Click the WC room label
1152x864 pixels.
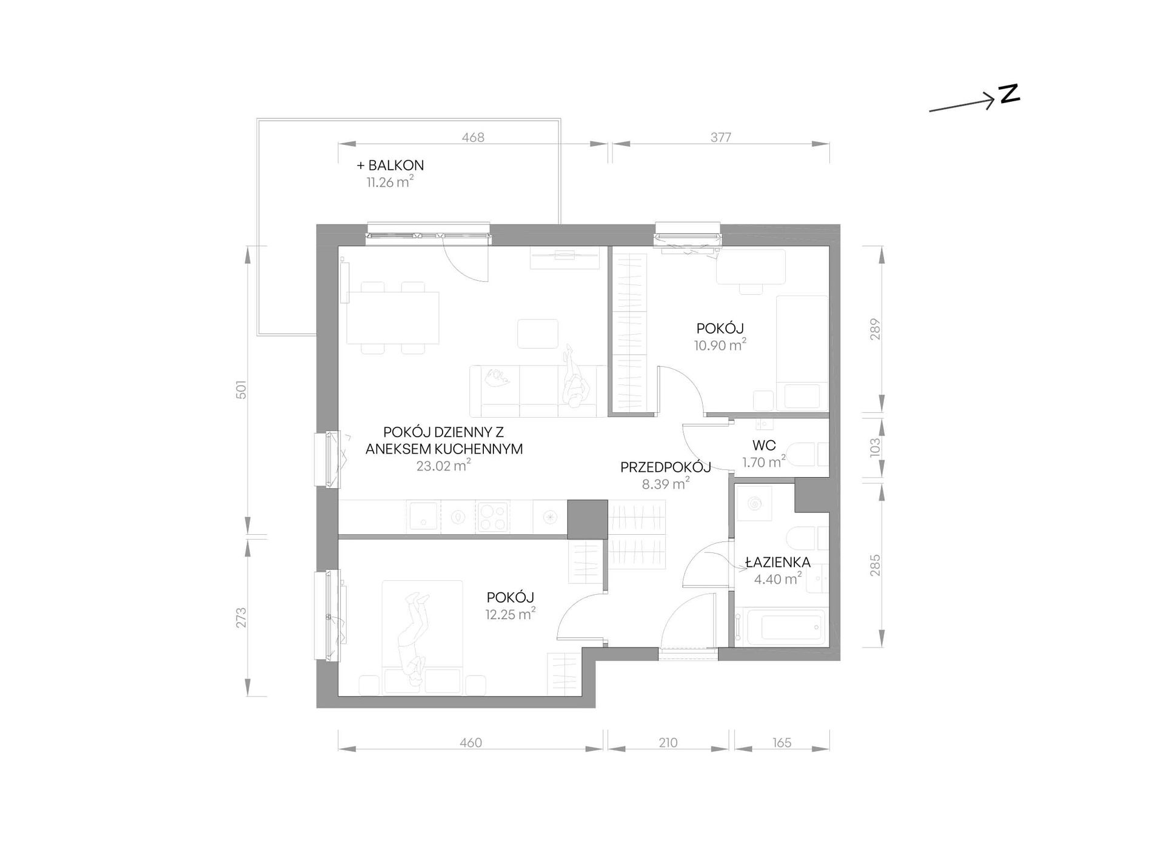(764, 446)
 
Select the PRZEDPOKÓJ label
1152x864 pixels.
(665, 467)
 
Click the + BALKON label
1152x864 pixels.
(390, 165)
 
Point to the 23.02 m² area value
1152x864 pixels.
(443, 466)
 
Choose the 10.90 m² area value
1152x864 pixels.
(720, 345)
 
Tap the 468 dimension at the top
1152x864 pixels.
(473, 138)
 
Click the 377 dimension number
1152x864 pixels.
(721, 138)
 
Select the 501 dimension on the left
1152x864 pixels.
(241, 389)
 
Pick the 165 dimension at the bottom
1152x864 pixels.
(782, 743)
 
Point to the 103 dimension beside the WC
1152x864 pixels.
(874, 447)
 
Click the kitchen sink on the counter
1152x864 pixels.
(423, 517)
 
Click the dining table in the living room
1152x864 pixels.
(393, 318)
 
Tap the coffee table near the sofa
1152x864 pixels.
(537, 334)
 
